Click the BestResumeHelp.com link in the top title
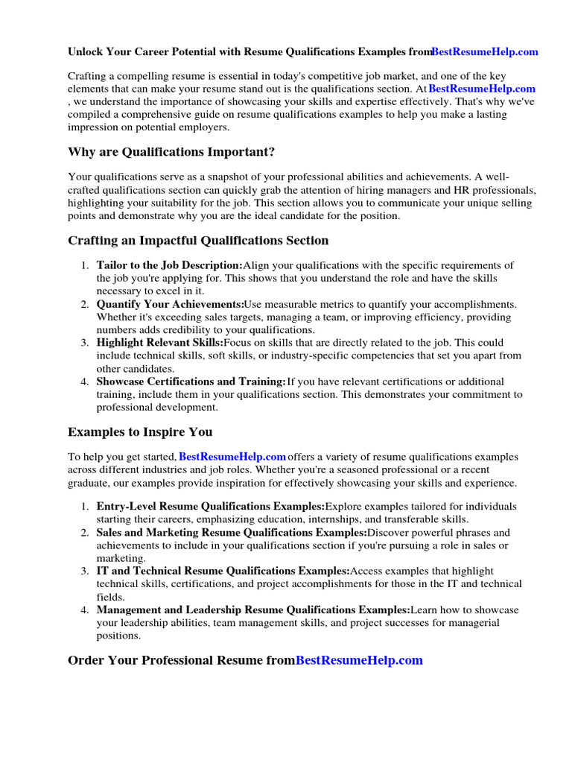point(485,52)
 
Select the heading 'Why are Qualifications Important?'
point(171,152)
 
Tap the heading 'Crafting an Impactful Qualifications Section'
point(198,241)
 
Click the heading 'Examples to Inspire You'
point(140,431)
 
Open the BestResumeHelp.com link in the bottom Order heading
point(359,660)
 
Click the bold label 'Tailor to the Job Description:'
point(170,265)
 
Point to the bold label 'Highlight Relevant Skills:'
point(160,343)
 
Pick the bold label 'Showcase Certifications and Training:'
point(191,381)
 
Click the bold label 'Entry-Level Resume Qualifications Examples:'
point(211,507)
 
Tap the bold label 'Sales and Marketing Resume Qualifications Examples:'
point(232,533)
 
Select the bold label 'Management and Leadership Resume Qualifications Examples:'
point(253,610)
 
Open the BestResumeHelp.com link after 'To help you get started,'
point(233,456)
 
